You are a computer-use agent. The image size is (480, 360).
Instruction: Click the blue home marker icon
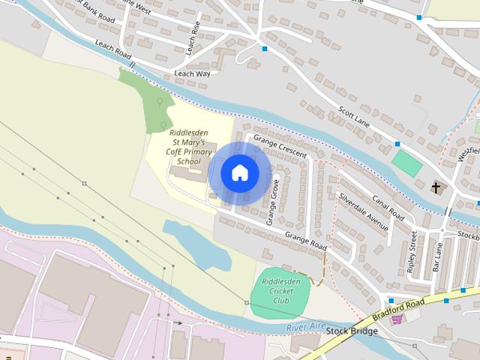click(240, 172)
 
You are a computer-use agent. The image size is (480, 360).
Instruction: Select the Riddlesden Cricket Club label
click(280, 290)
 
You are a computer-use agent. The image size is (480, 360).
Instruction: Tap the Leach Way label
click(192, 73)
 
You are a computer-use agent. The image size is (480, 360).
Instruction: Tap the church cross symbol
click(437, 187)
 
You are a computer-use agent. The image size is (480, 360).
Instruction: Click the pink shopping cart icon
click(397, 318)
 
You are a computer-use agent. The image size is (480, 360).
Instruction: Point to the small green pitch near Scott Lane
click(406, 162)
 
